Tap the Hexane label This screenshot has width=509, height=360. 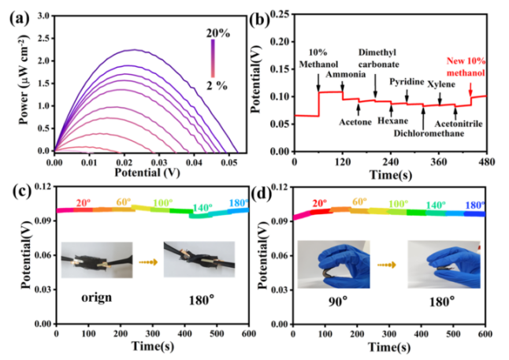pos(392,122)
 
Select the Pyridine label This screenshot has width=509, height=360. pos(409,82)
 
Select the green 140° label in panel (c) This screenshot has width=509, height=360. pos(202,208)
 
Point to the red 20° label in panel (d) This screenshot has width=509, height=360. pos(321,205)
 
